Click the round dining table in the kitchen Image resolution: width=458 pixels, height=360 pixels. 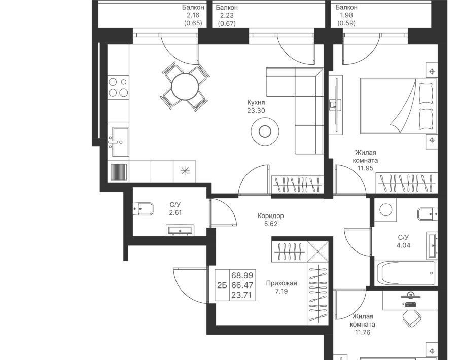coord(185,86)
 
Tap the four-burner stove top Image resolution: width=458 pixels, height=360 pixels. coord(118,87)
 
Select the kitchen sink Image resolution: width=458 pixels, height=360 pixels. coord(120,141)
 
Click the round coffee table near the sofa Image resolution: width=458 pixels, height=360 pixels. coord(265,131)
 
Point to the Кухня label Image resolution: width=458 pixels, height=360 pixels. coord(256,102)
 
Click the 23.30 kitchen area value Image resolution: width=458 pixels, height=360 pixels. coord(256,111)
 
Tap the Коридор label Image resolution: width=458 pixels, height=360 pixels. coord(270,216)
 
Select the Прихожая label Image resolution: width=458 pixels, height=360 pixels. coord(281,283)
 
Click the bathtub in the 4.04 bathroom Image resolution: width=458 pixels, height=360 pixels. coord(406,273)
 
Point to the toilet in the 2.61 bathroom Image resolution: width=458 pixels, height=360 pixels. coord(143,208)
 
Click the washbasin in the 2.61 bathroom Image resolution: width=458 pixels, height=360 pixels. coord(180,230)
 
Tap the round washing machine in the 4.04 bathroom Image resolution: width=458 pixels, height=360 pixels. coord(385,210)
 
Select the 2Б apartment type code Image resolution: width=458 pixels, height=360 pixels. coord(222,285)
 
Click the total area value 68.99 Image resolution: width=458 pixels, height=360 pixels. coord(242,275)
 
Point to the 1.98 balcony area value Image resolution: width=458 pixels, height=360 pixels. coord(346,15)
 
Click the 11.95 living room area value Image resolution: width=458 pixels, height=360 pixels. coord(365,168)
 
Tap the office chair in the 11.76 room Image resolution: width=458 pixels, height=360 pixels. coord(412,318)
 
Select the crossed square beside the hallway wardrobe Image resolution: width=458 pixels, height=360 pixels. coord(318,251)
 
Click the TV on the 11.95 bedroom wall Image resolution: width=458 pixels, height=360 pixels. coord(336,105)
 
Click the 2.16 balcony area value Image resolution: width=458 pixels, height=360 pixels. coord(193,15)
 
